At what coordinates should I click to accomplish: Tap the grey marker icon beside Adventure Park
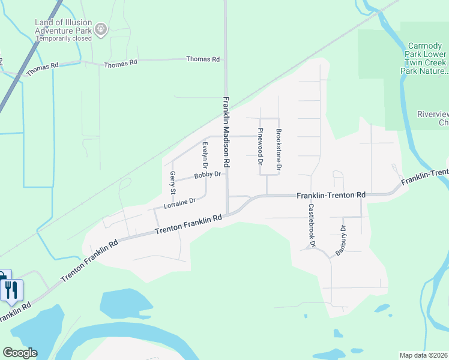click(101, 28)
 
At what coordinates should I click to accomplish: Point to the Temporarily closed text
click(63, 38)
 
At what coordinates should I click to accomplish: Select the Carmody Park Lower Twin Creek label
click(424, 58)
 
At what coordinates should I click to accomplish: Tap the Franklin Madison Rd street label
click(226, 132)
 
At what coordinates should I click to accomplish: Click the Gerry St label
click(172, 183)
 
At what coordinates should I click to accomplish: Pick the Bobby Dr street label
click(208, 175)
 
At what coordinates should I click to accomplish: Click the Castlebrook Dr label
click(312, 225)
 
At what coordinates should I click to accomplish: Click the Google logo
click(20, 352)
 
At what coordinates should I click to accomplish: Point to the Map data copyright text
click(424, 355)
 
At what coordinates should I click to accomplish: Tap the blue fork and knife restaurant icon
click(12, 290)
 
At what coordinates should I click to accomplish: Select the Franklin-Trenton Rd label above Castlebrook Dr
click(331, 196)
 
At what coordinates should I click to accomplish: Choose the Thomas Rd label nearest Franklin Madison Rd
click(203, 59)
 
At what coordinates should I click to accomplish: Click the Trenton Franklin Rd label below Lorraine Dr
click(188, 226)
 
